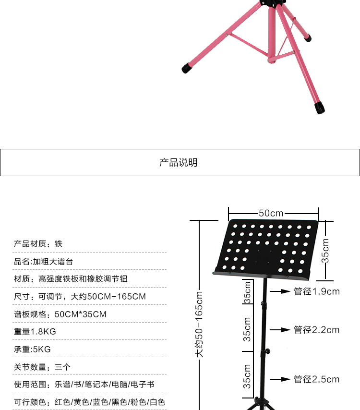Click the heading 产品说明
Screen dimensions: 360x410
pos(178,163)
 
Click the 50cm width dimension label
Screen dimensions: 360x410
pos(271,213)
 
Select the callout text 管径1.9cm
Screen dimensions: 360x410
pos(316,291)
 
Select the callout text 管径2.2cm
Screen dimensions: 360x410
pos(316,330)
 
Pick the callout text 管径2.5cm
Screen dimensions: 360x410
pos(316,379)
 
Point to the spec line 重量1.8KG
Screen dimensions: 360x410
pos(35,332)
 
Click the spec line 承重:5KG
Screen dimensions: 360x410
pos(32,349)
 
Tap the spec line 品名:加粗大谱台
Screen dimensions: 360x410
pos(44,262)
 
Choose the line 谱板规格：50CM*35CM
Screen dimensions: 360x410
pos(60,314)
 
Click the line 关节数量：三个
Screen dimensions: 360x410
pos(42,367)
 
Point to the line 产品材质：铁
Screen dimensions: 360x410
pos(38,244)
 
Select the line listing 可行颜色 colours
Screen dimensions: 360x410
pos(89,402)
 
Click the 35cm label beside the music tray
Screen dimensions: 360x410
pos(326,250)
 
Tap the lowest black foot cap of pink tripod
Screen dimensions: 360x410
pos(320,108)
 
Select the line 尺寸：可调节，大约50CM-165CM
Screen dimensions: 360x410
pos(80,297)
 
